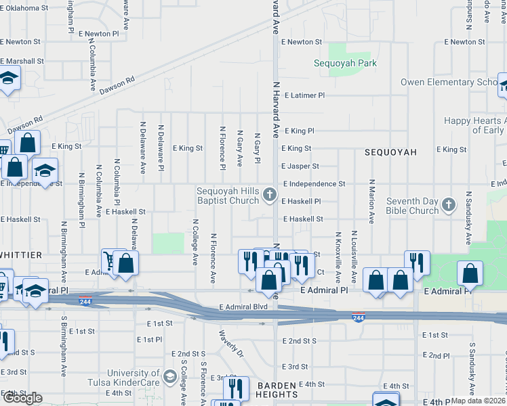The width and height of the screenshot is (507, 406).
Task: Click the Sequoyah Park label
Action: click(x=344, y=64)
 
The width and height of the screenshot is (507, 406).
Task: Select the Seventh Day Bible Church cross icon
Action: click(x=448, y=205)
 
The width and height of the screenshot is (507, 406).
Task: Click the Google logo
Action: click(x=22, y=398)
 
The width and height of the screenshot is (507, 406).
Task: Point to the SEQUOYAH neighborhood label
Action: click(x=391, y=152)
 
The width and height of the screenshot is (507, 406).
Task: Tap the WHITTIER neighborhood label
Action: click(x=20, y=254)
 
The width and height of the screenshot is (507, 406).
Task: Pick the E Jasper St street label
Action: click(x=300, y=166)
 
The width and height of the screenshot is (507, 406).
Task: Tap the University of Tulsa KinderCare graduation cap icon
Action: click(x=169, y=375)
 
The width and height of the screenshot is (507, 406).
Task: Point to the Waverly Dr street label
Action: click(x=231, y=342)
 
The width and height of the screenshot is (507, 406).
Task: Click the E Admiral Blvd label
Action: click(x=243, y=307)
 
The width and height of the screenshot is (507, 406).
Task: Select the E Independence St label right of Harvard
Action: click(x=314, y=183)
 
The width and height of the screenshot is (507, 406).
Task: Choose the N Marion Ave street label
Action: click(x=371, y=201)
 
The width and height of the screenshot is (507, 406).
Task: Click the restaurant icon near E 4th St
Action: click(x=235, y=388)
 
